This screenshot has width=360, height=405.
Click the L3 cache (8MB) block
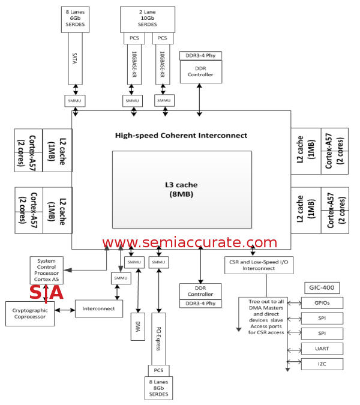tap(181, 189)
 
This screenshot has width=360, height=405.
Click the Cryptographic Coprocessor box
tap(29, 313)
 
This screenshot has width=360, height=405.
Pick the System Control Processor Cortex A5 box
tap(46, 271)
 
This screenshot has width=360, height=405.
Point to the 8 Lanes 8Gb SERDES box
tap(159, 388)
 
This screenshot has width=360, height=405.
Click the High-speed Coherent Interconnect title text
tap(181, 136)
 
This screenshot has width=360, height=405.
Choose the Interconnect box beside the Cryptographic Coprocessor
tap(98, 309)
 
